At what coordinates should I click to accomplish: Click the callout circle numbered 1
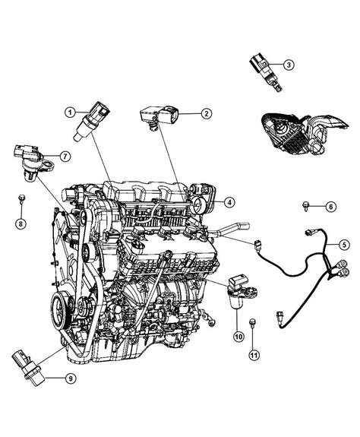70,113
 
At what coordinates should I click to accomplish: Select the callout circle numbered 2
205,114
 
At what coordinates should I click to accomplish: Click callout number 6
330,206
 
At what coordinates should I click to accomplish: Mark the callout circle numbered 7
66,157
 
